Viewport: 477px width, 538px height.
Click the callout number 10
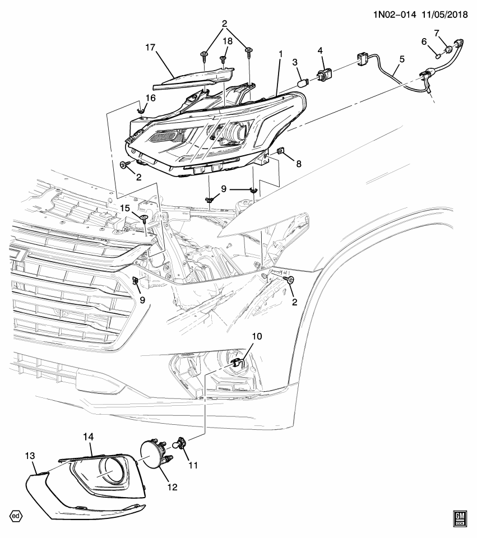257,336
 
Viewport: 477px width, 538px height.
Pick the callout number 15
126,208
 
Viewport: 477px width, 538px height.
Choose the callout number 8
298,164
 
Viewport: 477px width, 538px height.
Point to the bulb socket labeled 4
325,76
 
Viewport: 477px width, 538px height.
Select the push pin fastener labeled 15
145,217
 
